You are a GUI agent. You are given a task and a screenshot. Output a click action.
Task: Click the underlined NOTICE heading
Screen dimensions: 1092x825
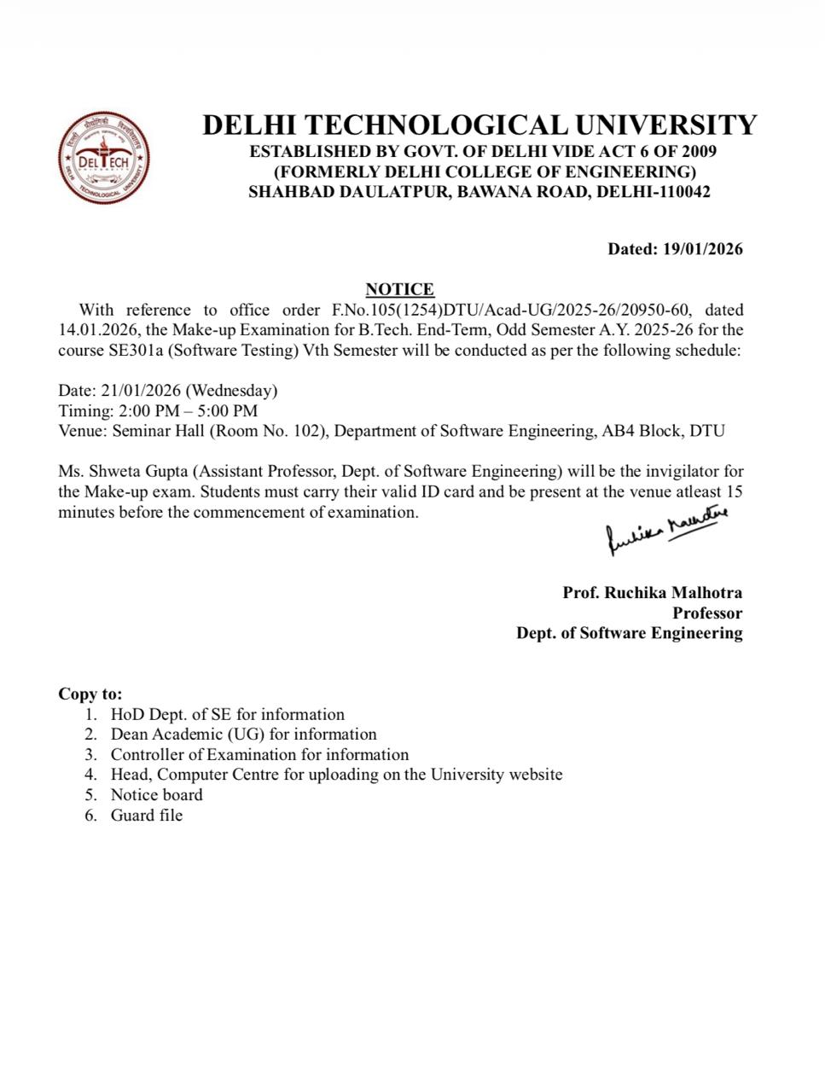pos(399,289)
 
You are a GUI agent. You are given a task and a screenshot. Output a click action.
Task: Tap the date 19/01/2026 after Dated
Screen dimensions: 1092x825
pos(702,249)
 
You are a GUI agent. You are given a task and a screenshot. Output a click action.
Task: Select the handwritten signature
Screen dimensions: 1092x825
pos(666,529)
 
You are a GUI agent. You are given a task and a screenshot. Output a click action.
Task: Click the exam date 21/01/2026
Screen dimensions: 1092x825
pos(141,390)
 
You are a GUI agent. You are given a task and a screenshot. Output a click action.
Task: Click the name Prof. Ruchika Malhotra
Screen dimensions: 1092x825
pos(652,592)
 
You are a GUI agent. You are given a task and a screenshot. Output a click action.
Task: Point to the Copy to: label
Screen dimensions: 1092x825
pos(90,694)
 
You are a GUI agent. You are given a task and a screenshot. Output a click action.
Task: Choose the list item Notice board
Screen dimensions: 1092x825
pos(157,794)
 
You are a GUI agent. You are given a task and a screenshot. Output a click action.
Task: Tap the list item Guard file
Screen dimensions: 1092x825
pos(147,815)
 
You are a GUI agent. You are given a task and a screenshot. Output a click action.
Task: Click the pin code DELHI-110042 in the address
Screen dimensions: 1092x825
pos(654,191)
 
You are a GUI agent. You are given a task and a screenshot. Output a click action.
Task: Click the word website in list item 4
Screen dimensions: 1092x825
pos(535,775)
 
